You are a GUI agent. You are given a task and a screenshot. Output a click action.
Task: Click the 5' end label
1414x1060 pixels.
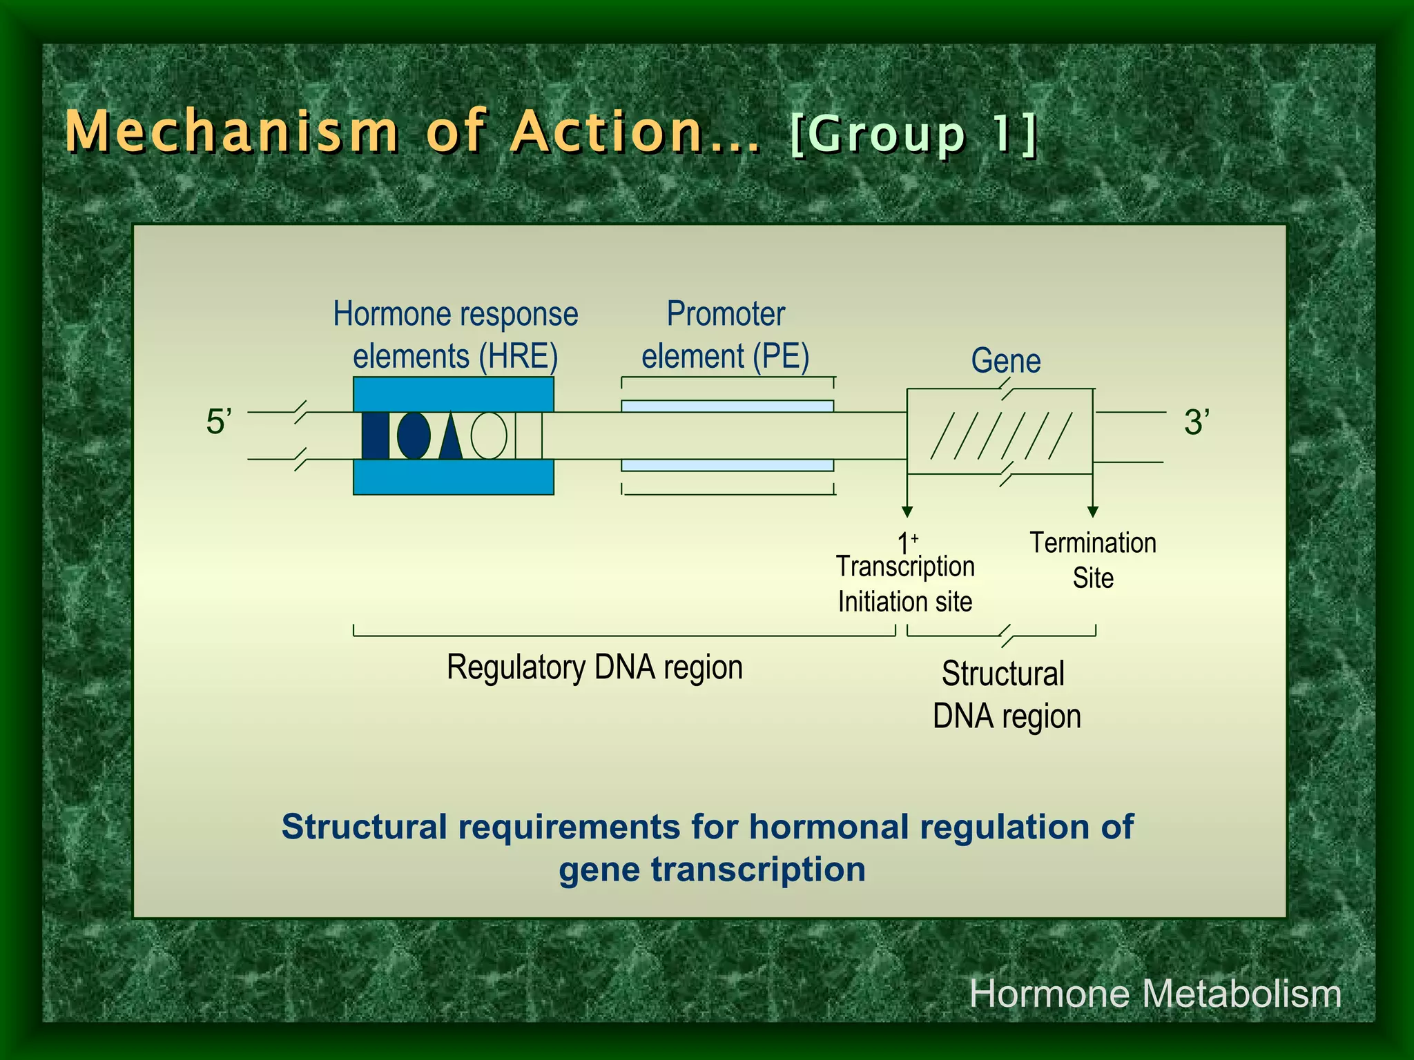(x=219, y=422)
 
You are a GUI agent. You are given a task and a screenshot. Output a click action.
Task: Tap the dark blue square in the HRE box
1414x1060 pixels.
(x=376, y=435)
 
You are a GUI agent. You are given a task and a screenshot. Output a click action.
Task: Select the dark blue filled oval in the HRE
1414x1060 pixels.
(x=414, y=435)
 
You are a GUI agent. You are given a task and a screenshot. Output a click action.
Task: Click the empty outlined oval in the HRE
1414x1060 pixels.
(x=489, y=435)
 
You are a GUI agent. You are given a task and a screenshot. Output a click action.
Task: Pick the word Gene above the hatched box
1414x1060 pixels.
(x=1005, y=361)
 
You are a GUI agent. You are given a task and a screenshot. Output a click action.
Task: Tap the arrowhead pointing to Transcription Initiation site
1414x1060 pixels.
(x=907, y=511)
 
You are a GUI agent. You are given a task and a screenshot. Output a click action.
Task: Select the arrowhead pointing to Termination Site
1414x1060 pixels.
(x=1092, y=511)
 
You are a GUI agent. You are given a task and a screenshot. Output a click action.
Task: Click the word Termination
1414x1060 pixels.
(x=1092, y=543)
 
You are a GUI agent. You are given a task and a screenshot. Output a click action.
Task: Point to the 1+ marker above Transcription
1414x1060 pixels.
(x=907, y=542)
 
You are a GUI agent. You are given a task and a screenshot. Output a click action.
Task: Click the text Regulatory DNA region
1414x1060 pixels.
(x=594, y=667)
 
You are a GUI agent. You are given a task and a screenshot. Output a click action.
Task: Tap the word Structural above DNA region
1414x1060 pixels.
(x=1003, y=674)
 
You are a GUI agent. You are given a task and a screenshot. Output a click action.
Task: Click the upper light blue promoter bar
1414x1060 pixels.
(x=727, y=406)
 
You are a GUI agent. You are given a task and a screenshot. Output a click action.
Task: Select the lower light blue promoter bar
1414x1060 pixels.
(x=727, y=465)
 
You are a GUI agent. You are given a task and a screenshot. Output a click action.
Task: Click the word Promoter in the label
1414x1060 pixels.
(x=725, y=315)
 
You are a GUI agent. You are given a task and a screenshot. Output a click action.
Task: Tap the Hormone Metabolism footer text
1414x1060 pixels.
(x=1155, y=994)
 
